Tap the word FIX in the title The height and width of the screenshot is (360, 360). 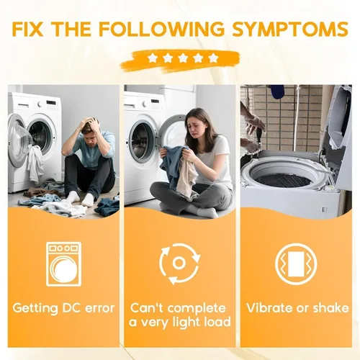[27, 30]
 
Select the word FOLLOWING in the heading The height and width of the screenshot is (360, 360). [161, 30]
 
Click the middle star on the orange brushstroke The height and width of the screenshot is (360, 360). [183, 58]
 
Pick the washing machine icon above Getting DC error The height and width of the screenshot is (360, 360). [63, 264]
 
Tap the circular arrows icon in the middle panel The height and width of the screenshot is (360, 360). [179, 264]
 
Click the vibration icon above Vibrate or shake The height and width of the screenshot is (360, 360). [296, 264]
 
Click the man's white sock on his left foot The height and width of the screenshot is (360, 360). [88, 199]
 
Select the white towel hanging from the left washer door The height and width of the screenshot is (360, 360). [35, 163]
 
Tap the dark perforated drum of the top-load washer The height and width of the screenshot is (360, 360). [282, 180]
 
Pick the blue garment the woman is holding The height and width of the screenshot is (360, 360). [172, 163]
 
